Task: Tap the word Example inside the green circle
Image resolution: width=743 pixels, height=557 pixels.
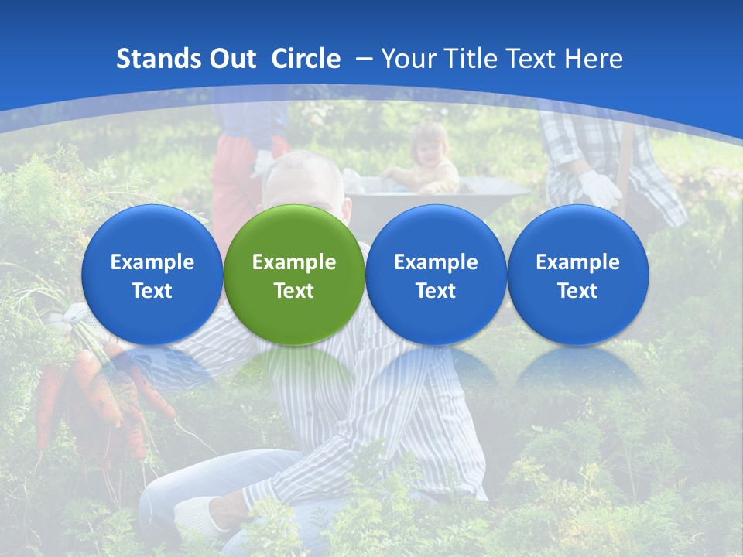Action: [x=293, y=262]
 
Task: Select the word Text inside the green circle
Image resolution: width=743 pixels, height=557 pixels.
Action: [x=293, y=291]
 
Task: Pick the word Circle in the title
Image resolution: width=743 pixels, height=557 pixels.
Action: [x=306, y=59]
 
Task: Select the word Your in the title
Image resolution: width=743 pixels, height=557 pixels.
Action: [x=407, y=59]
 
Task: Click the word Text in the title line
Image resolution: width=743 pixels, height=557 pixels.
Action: [x=533, y=59]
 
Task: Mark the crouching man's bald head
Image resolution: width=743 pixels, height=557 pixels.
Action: [x=303, y=174]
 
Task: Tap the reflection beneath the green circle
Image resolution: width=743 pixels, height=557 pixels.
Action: [x=293, y=371]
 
